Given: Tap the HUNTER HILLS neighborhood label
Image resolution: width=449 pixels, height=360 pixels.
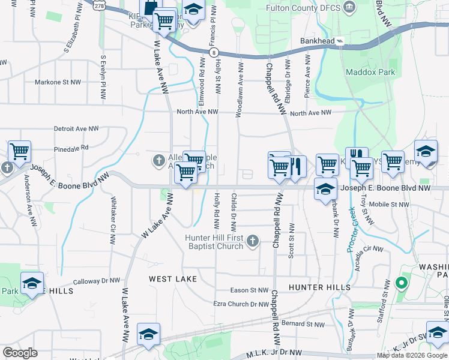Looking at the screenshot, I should [x=319, y=287].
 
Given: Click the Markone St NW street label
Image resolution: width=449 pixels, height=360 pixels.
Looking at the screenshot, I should [x=58, y=82].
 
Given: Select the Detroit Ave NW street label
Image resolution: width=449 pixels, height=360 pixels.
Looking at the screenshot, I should [x=76, y=128].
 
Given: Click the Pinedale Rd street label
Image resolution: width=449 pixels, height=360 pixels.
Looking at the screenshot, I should [x=71, y=146].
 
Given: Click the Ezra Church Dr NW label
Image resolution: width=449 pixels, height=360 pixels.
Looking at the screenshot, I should [x=241, y=304].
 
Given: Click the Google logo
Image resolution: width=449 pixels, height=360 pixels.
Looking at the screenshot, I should [x=20, y=353].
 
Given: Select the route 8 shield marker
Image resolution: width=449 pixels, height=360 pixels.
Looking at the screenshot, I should [x=214, y=53].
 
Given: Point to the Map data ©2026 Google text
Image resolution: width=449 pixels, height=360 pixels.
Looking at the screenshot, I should [x=411, y=355].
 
